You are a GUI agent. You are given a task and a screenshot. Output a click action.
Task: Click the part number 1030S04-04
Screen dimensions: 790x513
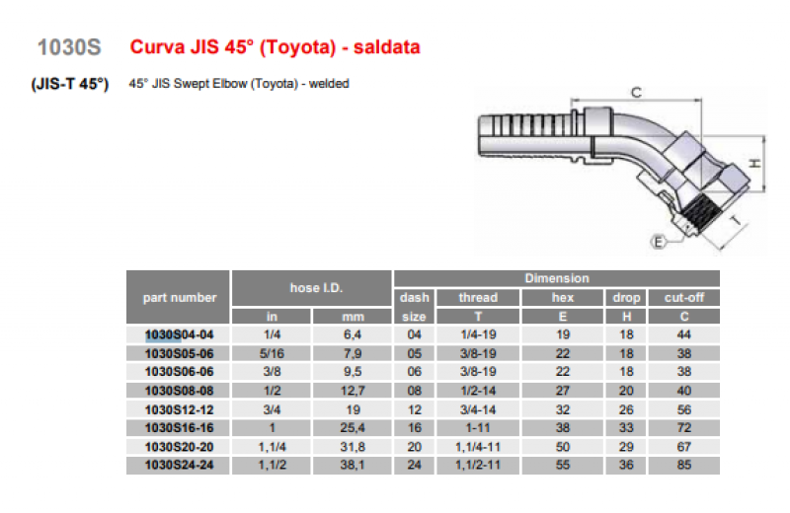click(x=179, y=334)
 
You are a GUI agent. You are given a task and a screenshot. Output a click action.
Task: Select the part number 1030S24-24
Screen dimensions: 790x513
click(x=179, y=465)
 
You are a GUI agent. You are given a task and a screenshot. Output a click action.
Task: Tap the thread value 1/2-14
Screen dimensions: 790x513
click(x=478, y=391)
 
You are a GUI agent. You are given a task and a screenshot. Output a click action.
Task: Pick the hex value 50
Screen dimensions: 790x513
click(x=562, y=447)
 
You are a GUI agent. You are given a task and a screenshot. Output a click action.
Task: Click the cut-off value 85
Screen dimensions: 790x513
click(x=683, y=465)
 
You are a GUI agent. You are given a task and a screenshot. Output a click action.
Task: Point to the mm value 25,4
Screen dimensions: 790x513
click(x=353, y=428)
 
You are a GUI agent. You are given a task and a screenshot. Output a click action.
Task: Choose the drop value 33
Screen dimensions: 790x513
click(x=626, y=428)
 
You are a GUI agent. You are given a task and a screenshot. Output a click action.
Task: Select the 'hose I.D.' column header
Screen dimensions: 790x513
click(x=316, y=288)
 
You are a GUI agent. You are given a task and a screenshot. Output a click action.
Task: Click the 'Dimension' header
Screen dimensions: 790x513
click(x=557, y=278)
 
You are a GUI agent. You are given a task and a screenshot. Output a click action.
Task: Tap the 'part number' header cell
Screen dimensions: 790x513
click(x=180, y=298)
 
